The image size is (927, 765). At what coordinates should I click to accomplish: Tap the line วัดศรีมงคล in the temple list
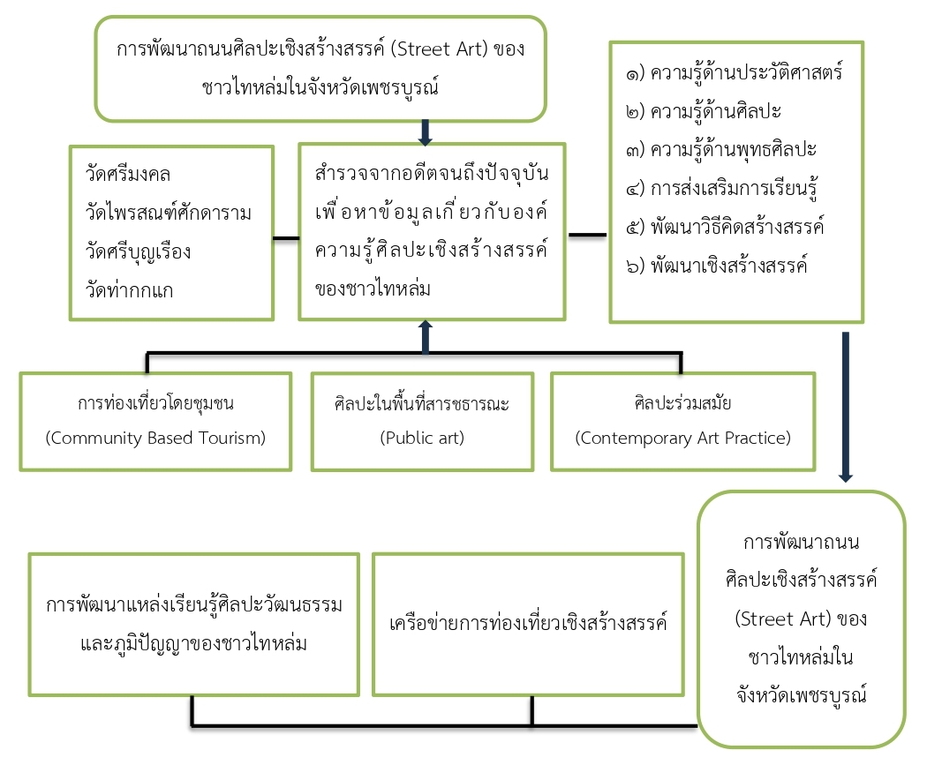pos(128,174)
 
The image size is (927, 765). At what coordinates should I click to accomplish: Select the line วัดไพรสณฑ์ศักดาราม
pos(169,212)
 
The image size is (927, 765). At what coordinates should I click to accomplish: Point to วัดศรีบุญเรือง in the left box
pos(139,251)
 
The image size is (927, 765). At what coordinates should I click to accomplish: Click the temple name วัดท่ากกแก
pos(130,290)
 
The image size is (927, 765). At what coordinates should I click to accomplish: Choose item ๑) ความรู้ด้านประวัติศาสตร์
pos(735,72)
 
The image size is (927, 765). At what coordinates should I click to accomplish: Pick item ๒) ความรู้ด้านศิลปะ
pos(704,111)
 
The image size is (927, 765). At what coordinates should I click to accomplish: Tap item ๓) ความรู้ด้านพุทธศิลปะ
pos(721,149)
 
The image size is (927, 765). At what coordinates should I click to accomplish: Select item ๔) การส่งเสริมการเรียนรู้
pos(722,189)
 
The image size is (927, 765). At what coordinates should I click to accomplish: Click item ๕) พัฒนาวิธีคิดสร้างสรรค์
pos(725,227)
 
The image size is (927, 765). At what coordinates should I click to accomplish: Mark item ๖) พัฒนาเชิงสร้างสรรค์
pos(717,266)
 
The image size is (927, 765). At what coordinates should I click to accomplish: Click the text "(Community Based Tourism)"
pos(155,438)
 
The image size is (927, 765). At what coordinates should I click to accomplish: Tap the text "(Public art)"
pos(422,438)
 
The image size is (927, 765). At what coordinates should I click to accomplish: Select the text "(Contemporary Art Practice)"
pos(682,438)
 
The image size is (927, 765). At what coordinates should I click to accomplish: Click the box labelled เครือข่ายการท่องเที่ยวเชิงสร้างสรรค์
pos(528,625)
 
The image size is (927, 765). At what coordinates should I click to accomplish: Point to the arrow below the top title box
pos(425,133)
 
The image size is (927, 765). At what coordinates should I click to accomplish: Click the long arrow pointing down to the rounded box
pos(846,407)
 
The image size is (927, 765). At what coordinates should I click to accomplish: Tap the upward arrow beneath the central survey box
pos(425,337)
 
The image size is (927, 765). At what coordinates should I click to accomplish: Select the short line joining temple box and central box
pos(286,238)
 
